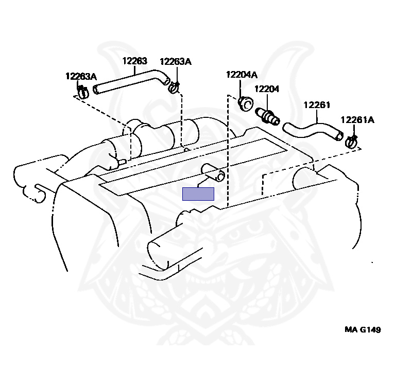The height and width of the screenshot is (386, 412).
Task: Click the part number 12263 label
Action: [134, 61]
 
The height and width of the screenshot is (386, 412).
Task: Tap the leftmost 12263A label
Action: [81, 76]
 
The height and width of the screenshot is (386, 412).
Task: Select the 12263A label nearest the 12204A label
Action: [175, 62]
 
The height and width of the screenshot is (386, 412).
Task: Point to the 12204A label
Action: [241, 75]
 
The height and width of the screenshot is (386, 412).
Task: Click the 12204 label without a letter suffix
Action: [266, 89]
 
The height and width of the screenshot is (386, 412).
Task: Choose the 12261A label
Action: [357, 120]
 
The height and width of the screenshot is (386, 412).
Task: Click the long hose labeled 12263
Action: [129, 82]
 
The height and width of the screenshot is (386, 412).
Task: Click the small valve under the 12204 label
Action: [270, 116]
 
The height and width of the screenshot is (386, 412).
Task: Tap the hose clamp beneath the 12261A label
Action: [352, 140]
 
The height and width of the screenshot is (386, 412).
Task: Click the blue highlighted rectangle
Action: [198, 194]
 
